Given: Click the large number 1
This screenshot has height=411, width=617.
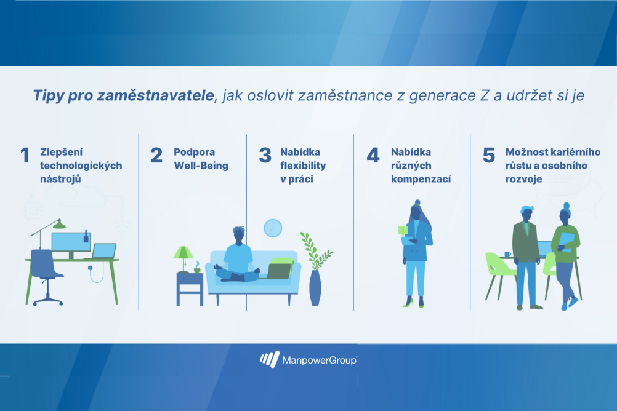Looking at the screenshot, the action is coord(25,155).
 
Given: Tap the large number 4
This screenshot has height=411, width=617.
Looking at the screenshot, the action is coord(373,155).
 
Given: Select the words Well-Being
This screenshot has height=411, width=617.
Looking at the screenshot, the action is coord(201,166).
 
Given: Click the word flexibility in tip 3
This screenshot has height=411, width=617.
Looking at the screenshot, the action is coord(303,166).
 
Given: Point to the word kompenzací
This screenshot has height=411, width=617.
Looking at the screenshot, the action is coord(421,179).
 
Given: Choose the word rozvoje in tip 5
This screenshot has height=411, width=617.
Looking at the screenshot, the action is coord(524,179).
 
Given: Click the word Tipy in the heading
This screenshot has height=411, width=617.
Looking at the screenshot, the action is coord(49,95).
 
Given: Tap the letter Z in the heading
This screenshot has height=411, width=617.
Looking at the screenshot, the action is coord(484,95).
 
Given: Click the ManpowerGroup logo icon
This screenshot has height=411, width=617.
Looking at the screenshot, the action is coord(270,359).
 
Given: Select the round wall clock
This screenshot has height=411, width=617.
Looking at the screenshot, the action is coord(273,228).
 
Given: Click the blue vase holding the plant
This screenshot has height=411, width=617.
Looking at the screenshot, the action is coord(315,287).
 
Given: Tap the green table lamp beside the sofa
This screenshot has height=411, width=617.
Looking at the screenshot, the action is coord(183,259).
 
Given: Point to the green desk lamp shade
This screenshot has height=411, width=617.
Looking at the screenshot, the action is coord(59,224).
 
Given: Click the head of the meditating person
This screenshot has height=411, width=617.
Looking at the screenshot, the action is coord(238,235).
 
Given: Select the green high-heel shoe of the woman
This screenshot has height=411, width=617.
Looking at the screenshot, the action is coord(408,303).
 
